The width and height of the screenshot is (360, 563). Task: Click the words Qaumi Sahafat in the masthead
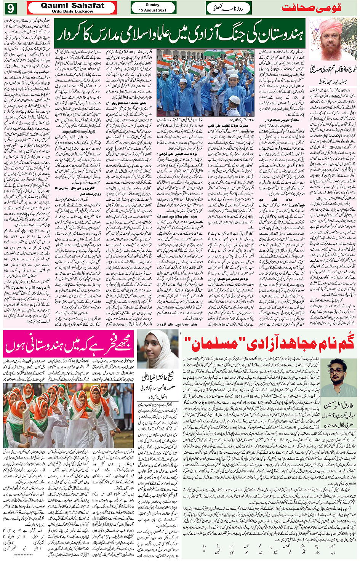72,5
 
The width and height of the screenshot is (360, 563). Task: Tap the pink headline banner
69,344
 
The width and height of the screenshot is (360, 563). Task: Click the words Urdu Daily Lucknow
72,11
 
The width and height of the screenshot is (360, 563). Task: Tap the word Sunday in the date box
153,5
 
